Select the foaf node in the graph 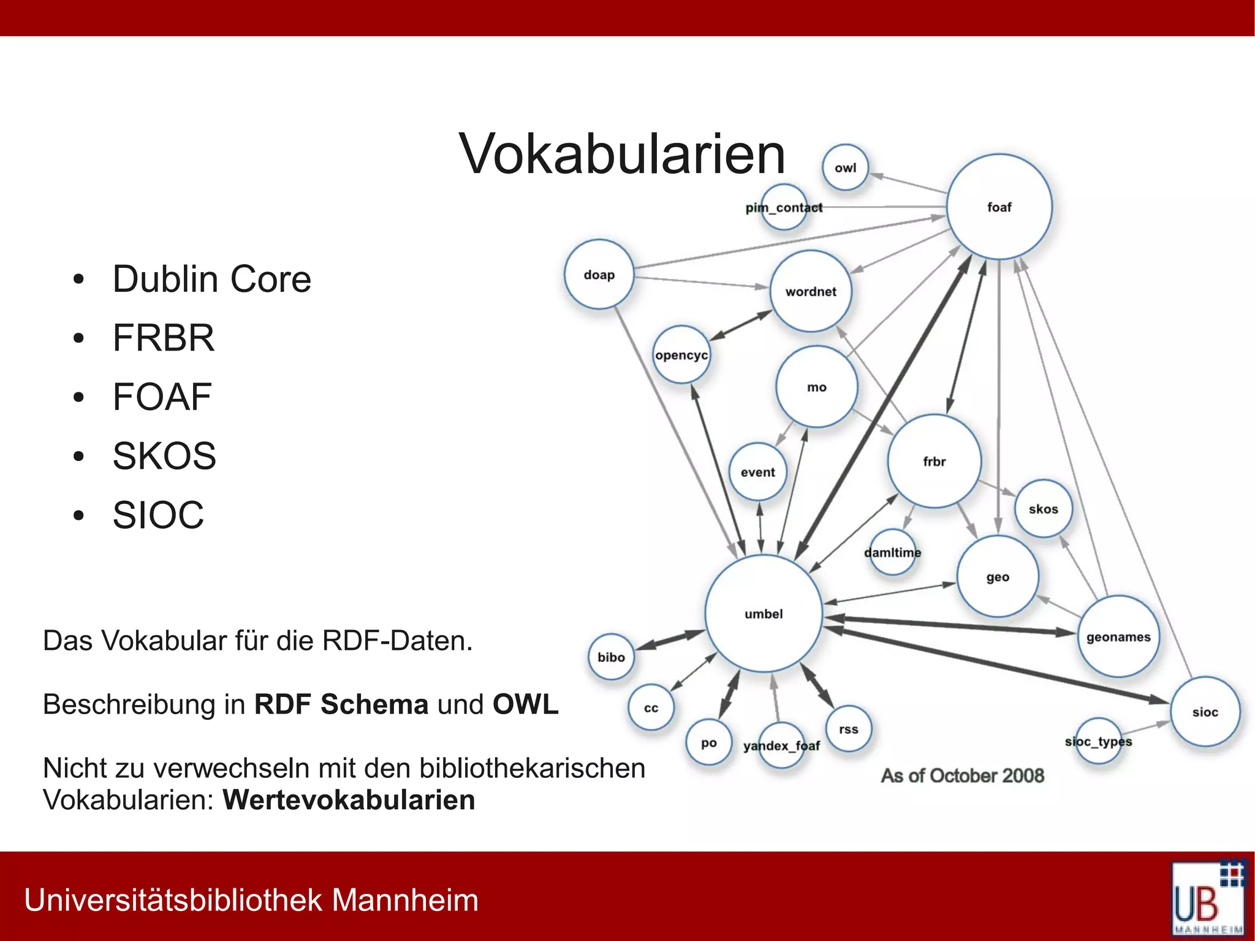(999, 207)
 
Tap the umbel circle (764, 614)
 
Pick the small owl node (845, 168)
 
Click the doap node (599, 275)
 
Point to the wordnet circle (811, 292)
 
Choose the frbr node (934, 462)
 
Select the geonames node (1118, 637)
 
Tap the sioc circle (1205, 712)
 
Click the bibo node (611, 657)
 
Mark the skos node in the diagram (1043, 509)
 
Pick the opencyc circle (681, 355)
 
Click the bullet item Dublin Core (212, 280)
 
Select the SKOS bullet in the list (164, 456)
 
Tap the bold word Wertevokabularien (349, 800)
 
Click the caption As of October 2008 (962, 775)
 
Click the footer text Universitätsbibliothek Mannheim (251, 900)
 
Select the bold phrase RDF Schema (341, 704)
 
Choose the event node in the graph (758, 472)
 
